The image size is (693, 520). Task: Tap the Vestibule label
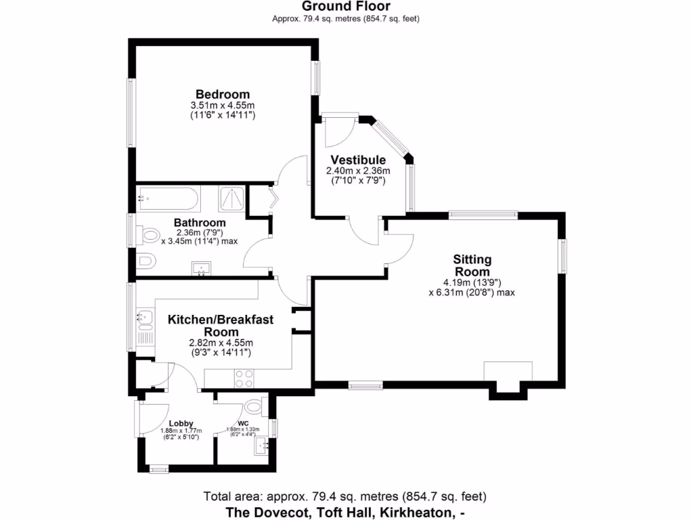click(x=358, y=160)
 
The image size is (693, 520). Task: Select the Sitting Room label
click(x=472, y=265)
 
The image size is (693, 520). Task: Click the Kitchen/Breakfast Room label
click(x=221, y=326)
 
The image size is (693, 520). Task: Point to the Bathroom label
click(x=200, y=222)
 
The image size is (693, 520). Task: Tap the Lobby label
click(x=181, y=423)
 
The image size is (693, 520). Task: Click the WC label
click(x=243, y=423)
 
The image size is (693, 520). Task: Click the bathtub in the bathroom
click(x=167, y=198)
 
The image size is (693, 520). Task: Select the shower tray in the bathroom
click(x=232, y=198)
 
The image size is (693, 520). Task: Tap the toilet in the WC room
click(x=255, y=406)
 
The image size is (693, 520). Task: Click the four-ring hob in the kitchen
click(x=244, y=378)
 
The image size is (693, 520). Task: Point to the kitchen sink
click(x=145, y=318)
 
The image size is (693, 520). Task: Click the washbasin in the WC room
click(x=261, y=446)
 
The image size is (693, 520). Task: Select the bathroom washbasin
click(x=201, y=268)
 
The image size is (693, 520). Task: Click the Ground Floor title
click(x=346, y=6)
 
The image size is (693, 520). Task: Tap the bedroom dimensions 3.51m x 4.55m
click(x=223, y=106)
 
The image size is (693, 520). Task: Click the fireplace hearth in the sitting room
click(x=508, y=371)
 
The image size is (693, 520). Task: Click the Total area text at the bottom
click(x=344, y=496)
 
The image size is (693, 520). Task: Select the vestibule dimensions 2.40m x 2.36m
click(x=358, y=171)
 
